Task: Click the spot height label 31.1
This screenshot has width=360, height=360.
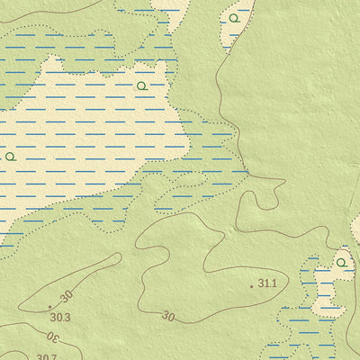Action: tap(267, 283)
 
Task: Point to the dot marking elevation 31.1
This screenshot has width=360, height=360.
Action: tap(251, 285)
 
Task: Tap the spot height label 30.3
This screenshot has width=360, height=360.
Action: tap(60, 317)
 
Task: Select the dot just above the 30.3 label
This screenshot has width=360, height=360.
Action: tap(49, 307)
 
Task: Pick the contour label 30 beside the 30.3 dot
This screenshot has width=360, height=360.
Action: tap(66, 296)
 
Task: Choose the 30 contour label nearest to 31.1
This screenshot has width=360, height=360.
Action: tap(168, 316)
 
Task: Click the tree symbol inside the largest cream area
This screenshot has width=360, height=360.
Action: tap(141, 85)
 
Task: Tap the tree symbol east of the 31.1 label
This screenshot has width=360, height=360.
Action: tap(341, 263)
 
